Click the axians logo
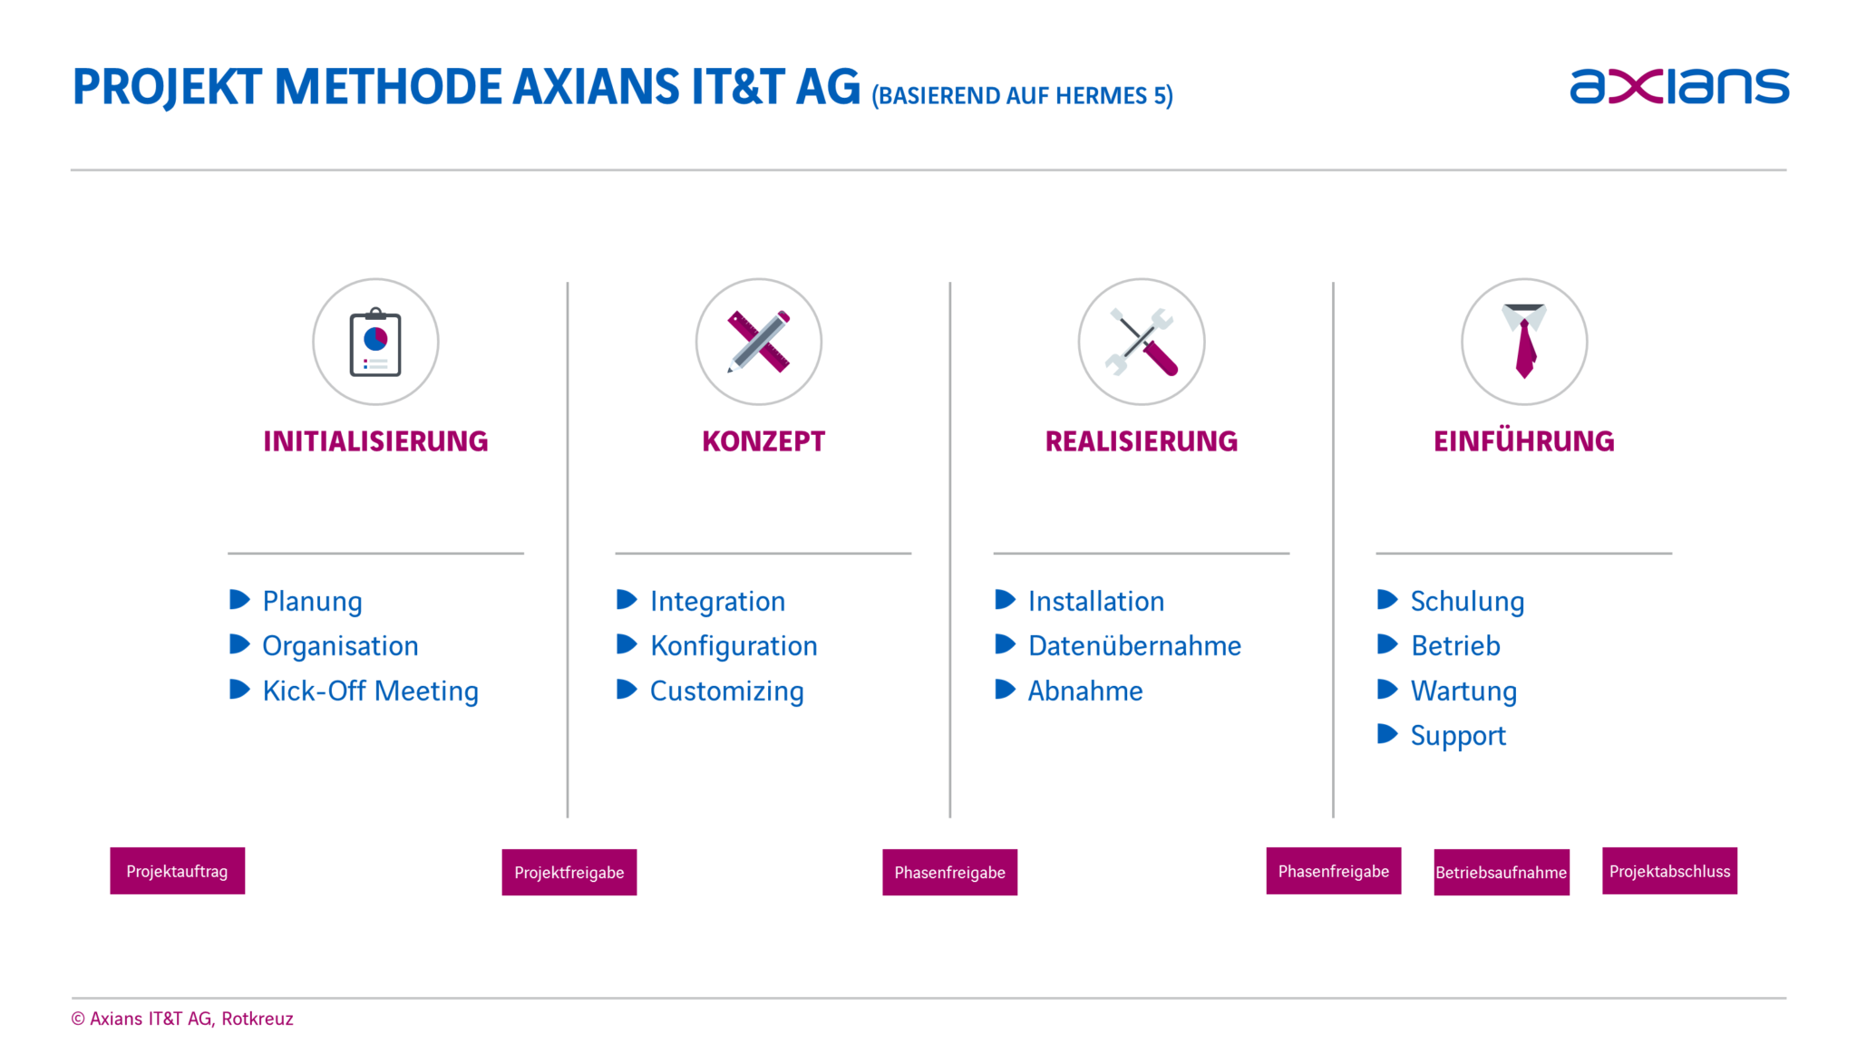1679,86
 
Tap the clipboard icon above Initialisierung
375,343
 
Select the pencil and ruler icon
759,342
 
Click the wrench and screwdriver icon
1142,342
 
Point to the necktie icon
1524,341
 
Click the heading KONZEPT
763,441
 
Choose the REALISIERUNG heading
1141,441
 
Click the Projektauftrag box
178,871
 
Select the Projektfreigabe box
569,872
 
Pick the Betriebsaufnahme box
1502,872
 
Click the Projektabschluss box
1669,871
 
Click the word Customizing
727,691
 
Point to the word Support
1458,736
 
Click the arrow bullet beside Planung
239,599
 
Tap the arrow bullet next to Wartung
1387,689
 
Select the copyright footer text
182,1019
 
